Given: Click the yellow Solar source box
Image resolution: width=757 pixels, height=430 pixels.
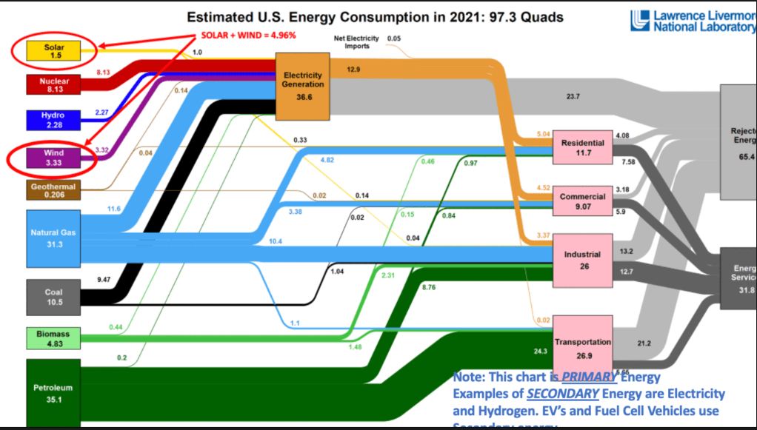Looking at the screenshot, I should [x=53, y=51].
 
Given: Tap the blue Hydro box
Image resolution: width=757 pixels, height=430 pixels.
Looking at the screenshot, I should [x=53, y=120].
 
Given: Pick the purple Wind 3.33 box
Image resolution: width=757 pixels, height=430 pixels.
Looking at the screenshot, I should [x=53, y=157].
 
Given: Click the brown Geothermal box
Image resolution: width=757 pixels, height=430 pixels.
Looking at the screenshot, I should [x=53, y=190].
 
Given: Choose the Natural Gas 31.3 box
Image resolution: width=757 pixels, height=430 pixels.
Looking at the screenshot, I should [x=53, y=238].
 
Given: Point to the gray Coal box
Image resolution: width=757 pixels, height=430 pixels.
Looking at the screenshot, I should [x=53, y=296].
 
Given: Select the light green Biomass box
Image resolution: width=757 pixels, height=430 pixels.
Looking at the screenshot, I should [x=53, y=338].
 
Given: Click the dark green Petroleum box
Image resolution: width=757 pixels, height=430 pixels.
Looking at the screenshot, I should [x=53, y=392].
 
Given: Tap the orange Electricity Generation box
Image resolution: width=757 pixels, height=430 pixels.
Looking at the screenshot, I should [x=302, y=86].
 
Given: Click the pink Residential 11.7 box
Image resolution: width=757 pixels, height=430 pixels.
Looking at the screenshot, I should [x=583, y=147].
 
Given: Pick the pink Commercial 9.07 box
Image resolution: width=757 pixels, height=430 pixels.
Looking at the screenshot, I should [x=583, y=201].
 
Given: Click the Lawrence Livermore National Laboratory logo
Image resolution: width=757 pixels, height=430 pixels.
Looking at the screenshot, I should [x=693, y=21].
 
